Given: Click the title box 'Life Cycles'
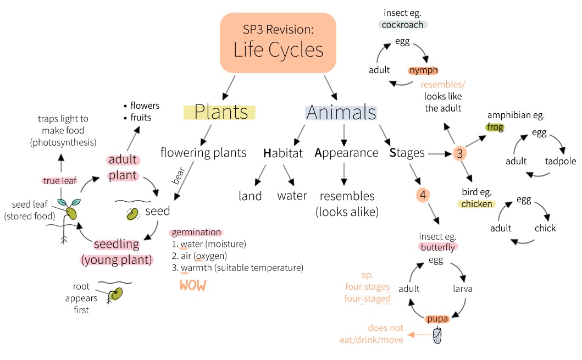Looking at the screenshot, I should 278,43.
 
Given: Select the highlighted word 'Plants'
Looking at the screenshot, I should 219,112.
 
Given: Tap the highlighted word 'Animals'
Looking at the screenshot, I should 341,112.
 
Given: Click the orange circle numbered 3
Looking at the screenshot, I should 460,154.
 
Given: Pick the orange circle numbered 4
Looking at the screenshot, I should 422,195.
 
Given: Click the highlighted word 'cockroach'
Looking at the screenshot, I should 403,25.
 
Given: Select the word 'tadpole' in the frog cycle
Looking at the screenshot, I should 561,161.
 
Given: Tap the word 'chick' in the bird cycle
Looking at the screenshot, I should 545,228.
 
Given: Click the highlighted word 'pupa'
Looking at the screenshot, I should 437,318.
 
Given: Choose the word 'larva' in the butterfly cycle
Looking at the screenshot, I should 462,289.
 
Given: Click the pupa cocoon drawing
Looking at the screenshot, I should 437,335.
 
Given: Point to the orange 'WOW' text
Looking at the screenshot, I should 192,285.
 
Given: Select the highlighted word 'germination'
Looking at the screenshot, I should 196,232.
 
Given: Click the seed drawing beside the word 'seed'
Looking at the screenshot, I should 132,213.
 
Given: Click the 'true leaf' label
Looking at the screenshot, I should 59,180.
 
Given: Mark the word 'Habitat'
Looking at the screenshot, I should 283,153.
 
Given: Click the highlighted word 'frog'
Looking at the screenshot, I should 495,127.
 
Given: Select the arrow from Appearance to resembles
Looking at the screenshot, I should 344,174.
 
